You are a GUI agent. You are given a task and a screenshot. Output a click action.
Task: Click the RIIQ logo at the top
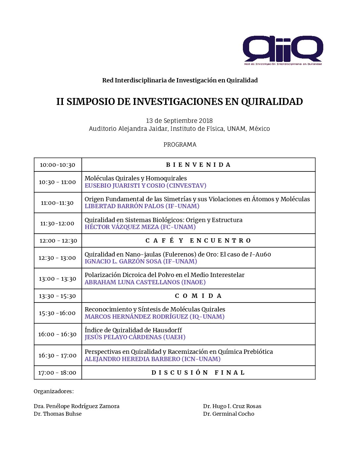[283, 50]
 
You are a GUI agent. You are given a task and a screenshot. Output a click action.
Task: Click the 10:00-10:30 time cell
[58, 165]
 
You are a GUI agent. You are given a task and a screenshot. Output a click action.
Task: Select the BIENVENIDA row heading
[198, 165]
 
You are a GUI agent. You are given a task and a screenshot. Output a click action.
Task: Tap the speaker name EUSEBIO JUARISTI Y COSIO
[145, 186]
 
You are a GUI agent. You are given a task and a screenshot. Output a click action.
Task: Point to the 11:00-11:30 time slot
[57, 203]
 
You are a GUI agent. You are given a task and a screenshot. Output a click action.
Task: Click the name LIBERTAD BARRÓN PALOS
[142, 206]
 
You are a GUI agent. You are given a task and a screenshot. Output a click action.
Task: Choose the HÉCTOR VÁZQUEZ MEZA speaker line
[140, 227]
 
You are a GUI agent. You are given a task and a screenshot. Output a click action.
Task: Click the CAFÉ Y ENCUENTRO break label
[198, 241]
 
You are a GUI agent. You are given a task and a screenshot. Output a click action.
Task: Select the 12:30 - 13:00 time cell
[57, 258]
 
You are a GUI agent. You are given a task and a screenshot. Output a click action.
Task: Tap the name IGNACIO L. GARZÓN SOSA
[141, 261]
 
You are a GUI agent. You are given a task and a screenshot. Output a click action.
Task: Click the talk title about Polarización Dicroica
[164, 275]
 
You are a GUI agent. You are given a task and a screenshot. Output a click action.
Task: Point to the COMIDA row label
[198, 296]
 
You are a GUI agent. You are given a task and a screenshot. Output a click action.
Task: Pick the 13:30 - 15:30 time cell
[57, 296]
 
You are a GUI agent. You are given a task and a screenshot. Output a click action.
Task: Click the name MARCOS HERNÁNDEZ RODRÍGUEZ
[155, 317]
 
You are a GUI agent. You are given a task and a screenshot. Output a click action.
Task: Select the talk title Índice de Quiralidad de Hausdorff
[133, 330]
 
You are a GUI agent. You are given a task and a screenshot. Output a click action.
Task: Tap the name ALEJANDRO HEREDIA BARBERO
[153, 359]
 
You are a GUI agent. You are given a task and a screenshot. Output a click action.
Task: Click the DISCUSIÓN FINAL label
[198, 373]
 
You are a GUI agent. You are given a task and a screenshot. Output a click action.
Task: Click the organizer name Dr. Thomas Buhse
[58, 414]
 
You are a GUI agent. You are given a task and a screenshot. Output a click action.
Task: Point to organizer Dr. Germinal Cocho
[229, 414]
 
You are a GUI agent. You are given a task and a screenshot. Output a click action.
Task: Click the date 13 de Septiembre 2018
[179, 121]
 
